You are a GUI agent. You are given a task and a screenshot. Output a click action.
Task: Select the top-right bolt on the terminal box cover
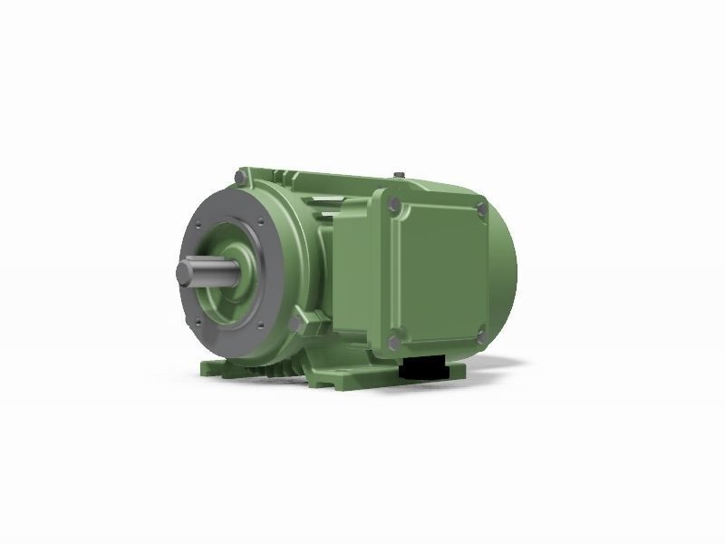478,211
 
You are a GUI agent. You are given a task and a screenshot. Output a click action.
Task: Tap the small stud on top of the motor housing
397,173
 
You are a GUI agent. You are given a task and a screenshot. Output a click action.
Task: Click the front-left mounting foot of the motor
210,370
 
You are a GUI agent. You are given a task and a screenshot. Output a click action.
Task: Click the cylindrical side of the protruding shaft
204,272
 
